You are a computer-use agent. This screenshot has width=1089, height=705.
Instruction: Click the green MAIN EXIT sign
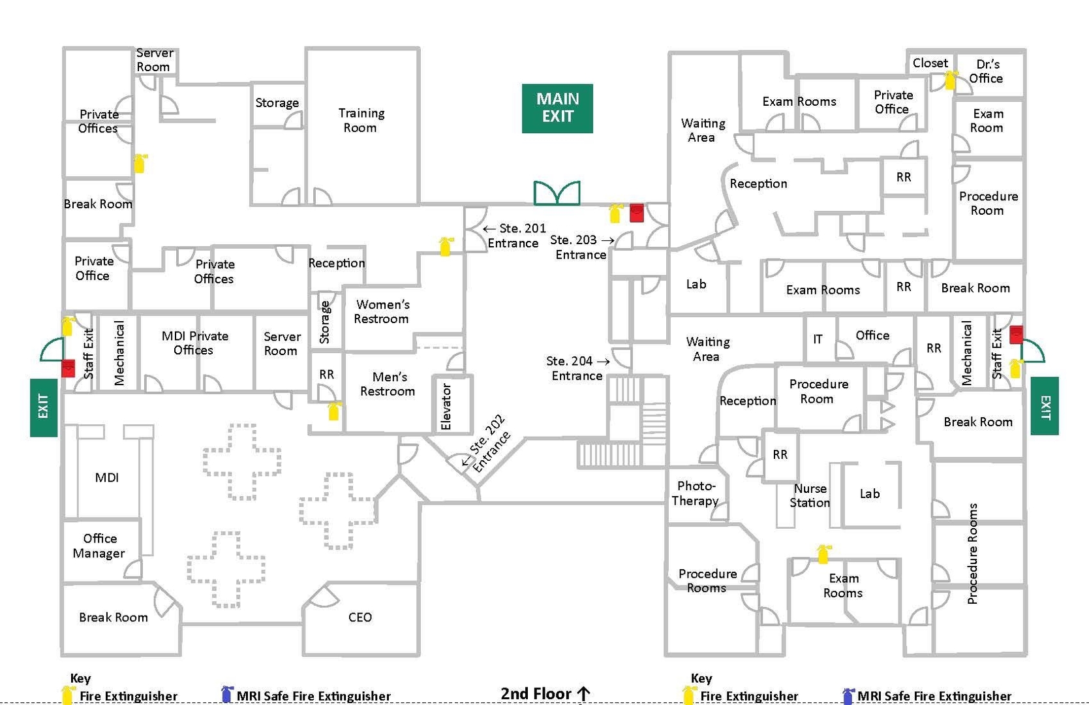coord(557,108)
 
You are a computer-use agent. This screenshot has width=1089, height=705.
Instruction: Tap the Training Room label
coord(361,121)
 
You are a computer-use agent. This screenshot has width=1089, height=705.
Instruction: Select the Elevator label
coord(446,407)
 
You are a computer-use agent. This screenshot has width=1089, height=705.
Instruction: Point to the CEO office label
coord(360,618)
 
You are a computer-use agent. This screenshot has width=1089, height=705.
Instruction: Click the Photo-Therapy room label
coord(696,493)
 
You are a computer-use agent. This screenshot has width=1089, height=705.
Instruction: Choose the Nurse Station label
coord(810,495)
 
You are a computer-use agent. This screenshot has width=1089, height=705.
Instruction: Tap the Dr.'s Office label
coord(987,71)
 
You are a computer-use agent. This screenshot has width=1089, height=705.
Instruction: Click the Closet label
coord(930,63)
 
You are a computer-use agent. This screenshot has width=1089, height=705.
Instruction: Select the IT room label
coord(818,339)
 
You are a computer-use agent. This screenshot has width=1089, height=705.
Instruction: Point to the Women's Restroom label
coord(382,312)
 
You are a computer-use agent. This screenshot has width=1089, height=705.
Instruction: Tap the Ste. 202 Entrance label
coord(487,445)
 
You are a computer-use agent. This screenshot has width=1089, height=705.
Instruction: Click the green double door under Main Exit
coord(557,193)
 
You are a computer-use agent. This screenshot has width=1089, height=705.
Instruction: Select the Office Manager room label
coord(99,546)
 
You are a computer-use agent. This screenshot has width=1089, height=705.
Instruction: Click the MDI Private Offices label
coord(194,343)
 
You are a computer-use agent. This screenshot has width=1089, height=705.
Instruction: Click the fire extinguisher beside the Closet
coord(951,80)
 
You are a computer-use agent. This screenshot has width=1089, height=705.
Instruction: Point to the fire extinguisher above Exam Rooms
coord(823,554)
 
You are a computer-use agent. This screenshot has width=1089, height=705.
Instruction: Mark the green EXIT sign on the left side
coord(44,407)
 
